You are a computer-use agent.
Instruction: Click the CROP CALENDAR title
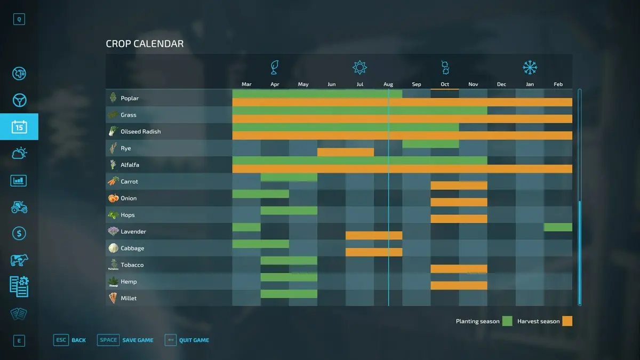coord(145,44)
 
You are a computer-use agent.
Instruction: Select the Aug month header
coord(388,84)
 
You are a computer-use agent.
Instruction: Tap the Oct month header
coord(445,84)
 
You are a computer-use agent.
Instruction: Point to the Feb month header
coord(558,84)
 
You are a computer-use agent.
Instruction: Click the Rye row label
coord(126,148)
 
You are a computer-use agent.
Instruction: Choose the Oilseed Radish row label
coord(140,132)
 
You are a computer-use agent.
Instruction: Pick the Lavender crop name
coord(133,231)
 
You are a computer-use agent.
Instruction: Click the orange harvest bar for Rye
coord(346,153)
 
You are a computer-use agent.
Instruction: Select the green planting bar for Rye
coord(430,144)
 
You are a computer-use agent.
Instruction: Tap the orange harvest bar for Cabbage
coord(374,252)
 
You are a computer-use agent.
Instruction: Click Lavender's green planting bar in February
coord(558,227)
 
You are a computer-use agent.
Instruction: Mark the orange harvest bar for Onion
coord(459,202)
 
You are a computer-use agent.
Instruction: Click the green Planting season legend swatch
coord(507,321)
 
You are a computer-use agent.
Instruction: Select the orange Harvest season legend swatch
coord(567,321)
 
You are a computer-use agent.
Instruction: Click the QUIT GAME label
coord(194,340)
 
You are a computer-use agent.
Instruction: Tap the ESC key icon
coord(61,340)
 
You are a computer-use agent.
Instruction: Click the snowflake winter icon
coord(530,68)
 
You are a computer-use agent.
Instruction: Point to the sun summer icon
coord(360,68)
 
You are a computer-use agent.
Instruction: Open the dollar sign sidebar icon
coord(19,234)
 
